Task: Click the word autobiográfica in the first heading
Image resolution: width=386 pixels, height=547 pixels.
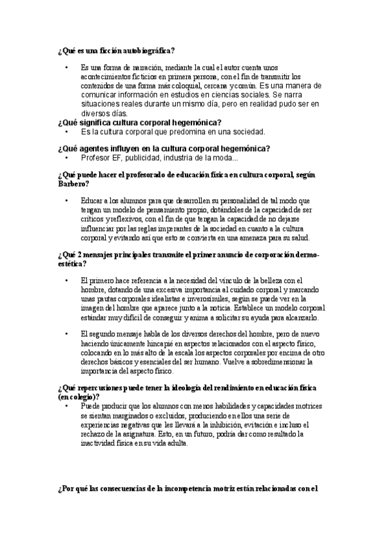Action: coord(146,51)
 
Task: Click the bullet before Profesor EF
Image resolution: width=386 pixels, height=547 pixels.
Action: coord(66,157)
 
